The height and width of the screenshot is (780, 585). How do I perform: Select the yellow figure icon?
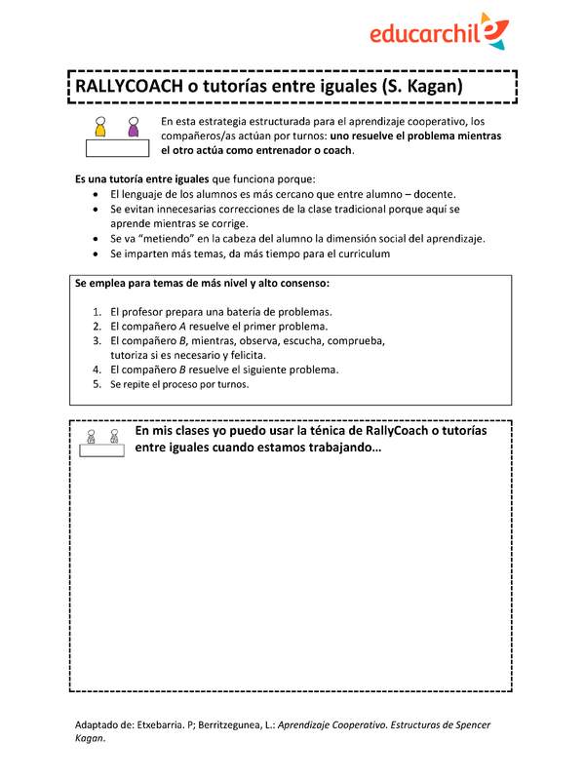99,128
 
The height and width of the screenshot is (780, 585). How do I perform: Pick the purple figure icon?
133,128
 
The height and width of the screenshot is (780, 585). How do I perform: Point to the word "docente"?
433,195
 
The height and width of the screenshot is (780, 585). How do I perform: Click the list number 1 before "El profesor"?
97,311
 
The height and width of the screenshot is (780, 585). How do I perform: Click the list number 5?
97,384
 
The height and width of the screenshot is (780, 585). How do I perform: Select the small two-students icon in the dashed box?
101,440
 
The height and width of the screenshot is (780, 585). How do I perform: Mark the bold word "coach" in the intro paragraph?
337,151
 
